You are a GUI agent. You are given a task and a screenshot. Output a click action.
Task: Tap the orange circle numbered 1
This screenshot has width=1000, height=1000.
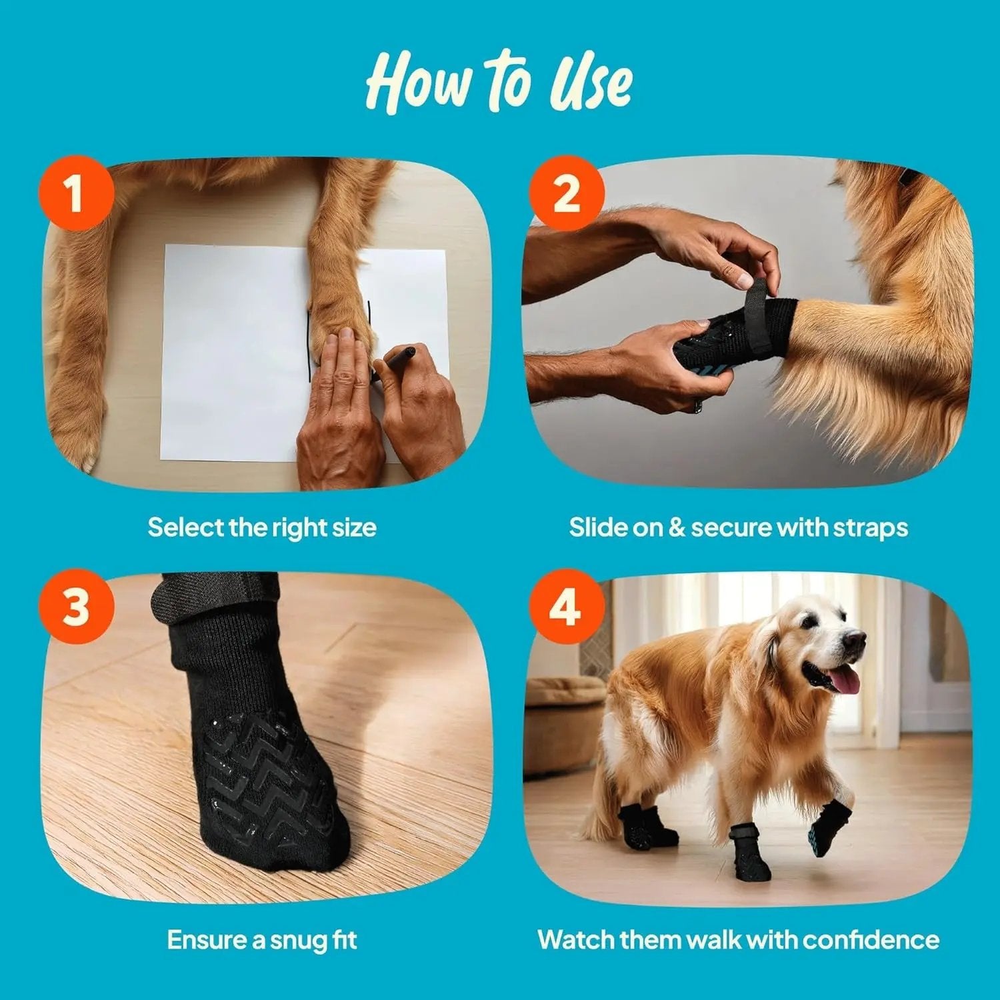pos(76,193)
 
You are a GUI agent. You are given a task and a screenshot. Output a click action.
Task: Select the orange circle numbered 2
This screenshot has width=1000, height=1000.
pos(567,193)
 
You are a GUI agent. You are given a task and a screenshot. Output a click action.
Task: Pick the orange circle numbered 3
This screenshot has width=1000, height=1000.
pos(76,607)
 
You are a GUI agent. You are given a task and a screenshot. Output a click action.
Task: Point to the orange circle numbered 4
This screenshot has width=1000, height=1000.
pos(567,607)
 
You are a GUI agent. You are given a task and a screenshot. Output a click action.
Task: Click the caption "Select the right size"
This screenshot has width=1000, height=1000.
pos(262,527)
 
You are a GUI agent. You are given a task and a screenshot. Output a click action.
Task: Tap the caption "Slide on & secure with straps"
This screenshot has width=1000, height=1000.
pos(738,527)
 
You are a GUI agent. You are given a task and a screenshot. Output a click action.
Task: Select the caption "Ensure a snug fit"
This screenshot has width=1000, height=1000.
pos(262,940)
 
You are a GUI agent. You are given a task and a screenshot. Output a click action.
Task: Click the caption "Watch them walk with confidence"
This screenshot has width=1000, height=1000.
pos(738,940)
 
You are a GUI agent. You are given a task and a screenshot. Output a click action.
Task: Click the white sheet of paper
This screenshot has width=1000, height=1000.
pos(227,353)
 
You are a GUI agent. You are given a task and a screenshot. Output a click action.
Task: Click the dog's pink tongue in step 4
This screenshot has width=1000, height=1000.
pos(845,681)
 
